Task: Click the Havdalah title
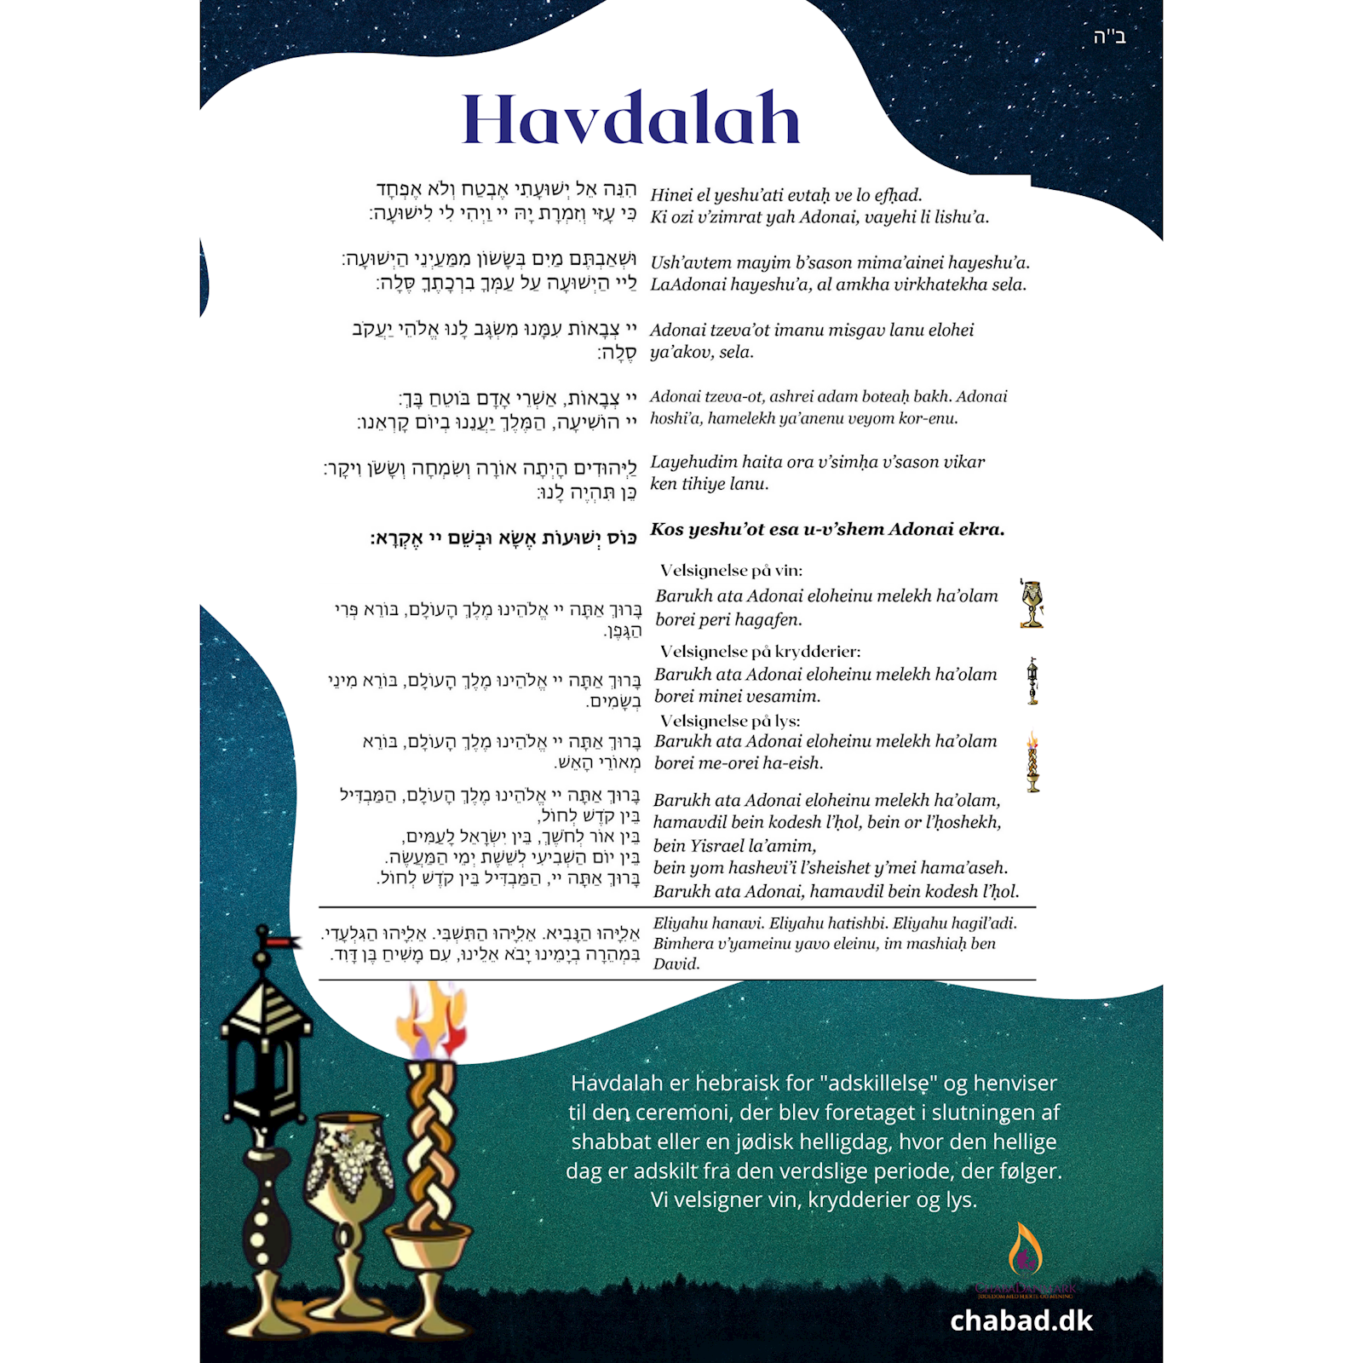click(x=630, y=119)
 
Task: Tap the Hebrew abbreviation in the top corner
click(x=1109, y=37)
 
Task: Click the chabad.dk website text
click(x=1021, y=1320)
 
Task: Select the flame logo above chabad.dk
click(x=1025, y=1251)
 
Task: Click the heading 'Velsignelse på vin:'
click(x=731, y=571)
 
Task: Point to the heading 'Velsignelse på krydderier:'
click(x=760, y=652)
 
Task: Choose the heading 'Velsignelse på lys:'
click(x=730, y=721)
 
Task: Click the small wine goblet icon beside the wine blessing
click(x=1032, y=603)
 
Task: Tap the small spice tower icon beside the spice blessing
click(x=1032, y=681)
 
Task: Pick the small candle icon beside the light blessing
click(x=1032, y=761)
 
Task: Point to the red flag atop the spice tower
click(x=282, y=941)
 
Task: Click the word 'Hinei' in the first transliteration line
click(x=670, y=195)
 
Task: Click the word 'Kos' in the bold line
click(x=666, y=529)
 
